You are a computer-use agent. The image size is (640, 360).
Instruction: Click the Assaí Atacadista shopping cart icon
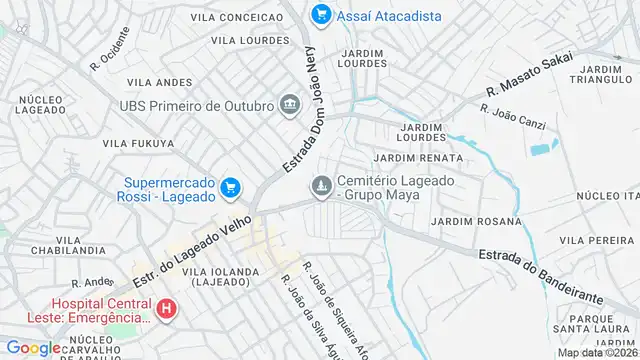pos(320,14)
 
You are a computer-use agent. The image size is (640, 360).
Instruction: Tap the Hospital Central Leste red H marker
pos(166,311)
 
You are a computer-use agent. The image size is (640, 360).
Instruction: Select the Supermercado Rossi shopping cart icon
pos(230,186)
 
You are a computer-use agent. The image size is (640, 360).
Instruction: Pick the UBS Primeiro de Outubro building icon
pos(290,105)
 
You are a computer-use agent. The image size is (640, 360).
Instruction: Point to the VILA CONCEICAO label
pos(236,17)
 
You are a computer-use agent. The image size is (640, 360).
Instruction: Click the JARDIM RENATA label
pos(418,158)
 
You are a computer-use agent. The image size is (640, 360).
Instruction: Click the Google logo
pos(33,348)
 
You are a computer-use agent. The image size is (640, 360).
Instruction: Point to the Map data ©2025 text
pos(597,353)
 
